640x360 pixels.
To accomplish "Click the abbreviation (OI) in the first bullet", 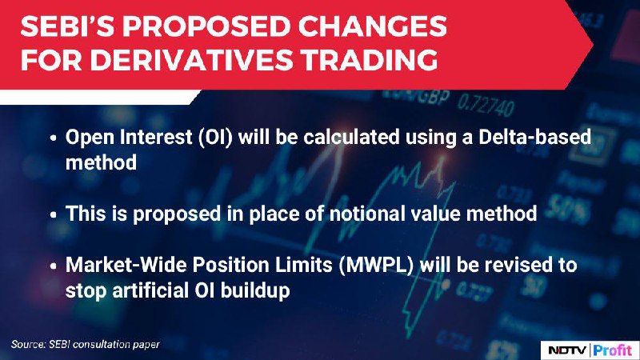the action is pyautogui.click(x=215, y=137).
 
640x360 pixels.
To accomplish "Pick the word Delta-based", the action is pyautogui.click(x=534, y=137).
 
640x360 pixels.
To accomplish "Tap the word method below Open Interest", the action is pyautogui.click(x=102, y=163).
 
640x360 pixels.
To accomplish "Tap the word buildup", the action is pyautogui.click(x=255, y=291).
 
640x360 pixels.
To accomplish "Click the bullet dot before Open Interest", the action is pyautogui.click(x=53, y=138).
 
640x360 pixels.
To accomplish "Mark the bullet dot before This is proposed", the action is pyautogui.click(x=53, y=214).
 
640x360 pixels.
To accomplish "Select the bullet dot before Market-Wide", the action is pyautogui.click(x=53, y=266).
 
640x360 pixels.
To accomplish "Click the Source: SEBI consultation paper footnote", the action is pyautogui.click(x=86, y=345).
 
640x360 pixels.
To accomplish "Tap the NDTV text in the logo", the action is pyautogui.click(x=567, y=350).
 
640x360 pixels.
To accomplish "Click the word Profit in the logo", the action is pyautogui.click(x=613, y=350).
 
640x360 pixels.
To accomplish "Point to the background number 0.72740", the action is pyautogui.click(x=486, y=106).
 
